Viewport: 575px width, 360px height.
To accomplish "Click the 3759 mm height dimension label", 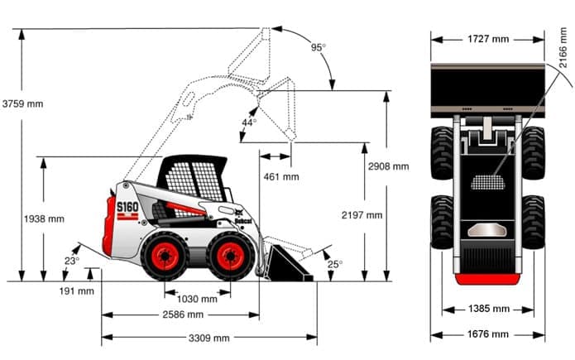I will click(22, 103).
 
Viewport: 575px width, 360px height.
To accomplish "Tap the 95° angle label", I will click(319, 47).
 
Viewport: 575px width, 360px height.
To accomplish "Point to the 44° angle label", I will click(248, 122).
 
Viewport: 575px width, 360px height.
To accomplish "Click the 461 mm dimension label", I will click(281, 176).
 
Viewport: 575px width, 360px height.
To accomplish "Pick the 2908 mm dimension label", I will click(389, 166).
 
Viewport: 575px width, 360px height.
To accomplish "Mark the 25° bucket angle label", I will click(334, 264).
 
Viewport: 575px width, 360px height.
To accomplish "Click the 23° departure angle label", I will click(71, 261).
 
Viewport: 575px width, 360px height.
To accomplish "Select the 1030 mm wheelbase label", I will click(198, 299).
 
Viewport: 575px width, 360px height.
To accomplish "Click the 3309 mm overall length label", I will click(209, 338).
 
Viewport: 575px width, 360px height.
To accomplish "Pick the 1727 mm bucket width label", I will click(488, 38).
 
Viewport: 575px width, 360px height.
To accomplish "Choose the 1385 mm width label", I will click(488, 309).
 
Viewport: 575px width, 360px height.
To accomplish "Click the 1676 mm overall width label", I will click(488, 334).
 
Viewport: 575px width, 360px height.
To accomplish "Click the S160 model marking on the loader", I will click(127, 207).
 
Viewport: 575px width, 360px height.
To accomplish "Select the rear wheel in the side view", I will click(165, 255).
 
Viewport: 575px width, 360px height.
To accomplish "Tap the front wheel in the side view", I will click(230, 255).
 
